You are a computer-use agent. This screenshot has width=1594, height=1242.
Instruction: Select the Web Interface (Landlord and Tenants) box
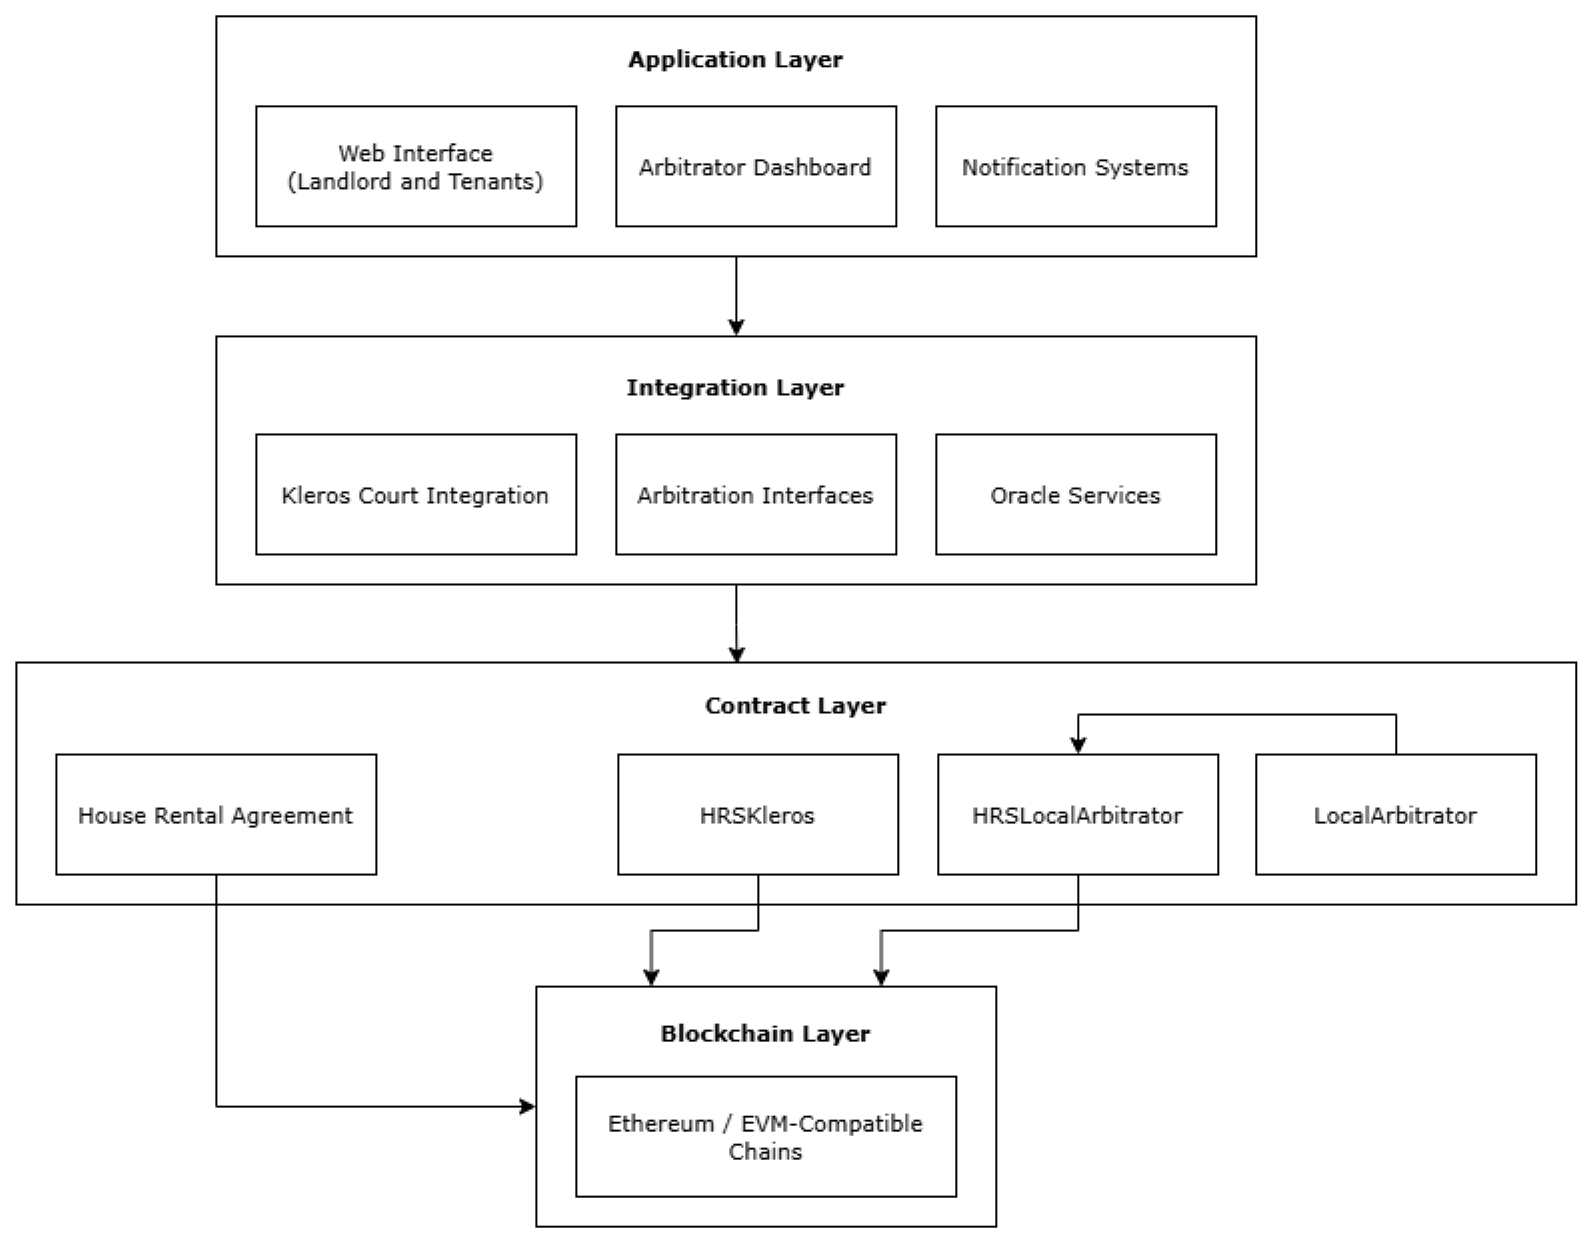coord(415,167)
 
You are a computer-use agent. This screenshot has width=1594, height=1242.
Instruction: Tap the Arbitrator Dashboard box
coord(755,167)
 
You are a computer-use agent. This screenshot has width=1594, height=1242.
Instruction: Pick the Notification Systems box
coord(1075,167)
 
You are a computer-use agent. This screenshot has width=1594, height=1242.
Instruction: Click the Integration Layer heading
coord(735,387)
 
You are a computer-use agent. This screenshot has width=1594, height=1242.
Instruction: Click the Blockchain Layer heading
coord(765,1033)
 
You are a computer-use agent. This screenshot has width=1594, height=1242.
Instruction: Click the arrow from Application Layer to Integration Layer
coord(736,296)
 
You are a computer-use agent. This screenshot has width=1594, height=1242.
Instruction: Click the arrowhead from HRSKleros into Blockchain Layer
coord(651,977)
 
